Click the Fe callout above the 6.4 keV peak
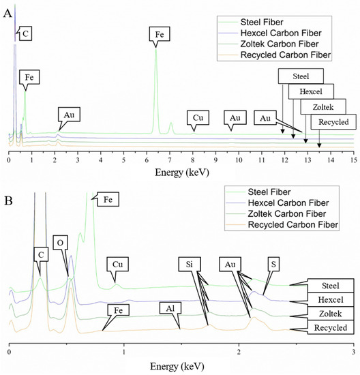(x=155, y=32)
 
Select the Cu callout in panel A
(x=198, y=117)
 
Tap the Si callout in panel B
(x=190, y=262)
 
